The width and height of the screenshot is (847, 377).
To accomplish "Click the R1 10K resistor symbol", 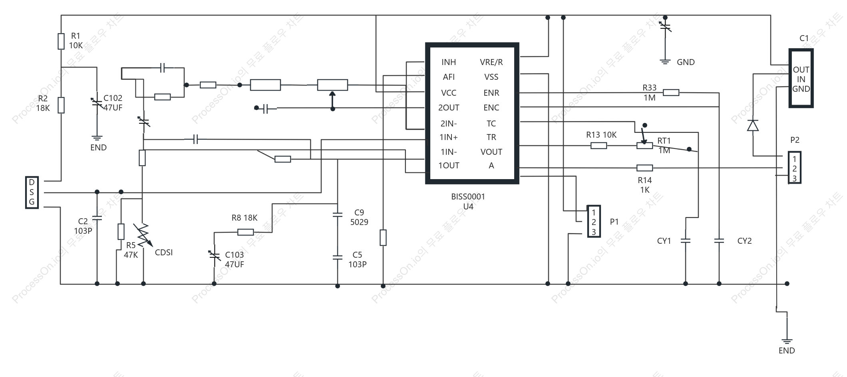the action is point(61,41).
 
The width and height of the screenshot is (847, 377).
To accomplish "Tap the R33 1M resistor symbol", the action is point(671,93).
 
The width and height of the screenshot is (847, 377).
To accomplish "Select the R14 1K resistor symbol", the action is point(644,168).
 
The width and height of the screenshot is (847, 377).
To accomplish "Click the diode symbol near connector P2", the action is point(753,125).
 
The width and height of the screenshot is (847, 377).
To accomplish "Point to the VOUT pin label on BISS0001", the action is point(491,152).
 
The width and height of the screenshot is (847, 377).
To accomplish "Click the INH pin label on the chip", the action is point(448,62).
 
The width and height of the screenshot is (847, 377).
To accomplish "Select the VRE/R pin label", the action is point(491,62).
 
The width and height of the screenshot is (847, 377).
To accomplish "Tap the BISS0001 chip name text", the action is point(468,197).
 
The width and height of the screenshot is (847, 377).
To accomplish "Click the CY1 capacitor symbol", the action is point(686,241).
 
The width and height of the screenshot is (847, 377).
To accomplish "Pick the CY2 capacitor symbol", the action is point(719,241).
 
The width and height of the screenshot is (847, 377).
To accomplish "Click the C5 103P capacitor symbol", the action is point(338,257).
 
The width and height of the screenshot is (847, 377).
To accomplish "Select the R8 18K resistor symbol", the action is point(245,232).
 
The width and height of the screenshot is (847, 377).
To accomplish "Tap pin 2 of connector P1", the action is point(594,222).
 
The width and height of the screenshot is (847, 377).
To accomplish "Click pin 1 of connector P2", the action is point(794,159).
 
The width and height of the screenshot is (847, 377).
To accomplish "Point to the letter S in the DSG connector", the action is point(32,192).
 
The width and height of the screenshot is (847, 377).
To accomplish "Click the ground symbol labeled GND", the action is point(665,61).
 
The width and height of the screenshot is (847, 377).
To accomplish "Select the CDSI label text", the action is point(164,253).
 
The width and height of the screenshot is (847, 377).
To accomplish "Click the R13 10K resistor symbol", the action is point(598,146).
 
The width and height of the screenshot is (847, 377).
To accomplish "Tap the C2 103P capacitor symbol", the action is point(97,218).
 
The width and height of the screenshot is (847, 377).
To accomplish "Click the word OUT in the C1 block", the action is point(801,70).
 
